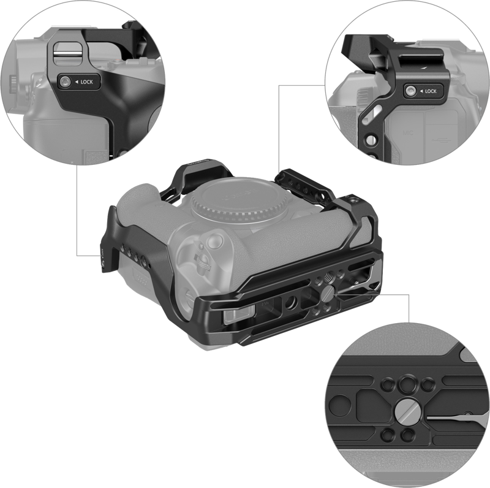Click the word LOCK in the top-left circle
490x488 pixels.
pos(86,82)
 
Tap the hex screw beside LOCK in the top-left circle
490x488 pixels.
pos(65,82)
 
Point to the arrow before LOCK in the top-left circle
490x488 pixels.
pos(77,82)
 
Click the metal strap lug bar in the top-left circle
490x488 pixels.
pos(66,53)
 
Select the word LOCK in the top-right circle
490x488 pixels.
pos(431,91)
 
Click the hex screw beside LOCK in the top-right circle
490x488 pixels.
pos(410,91)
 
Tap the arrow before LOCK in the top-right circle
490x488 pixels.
pos(421,91)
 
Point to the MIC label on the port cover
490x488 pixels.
pos(407,133)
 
